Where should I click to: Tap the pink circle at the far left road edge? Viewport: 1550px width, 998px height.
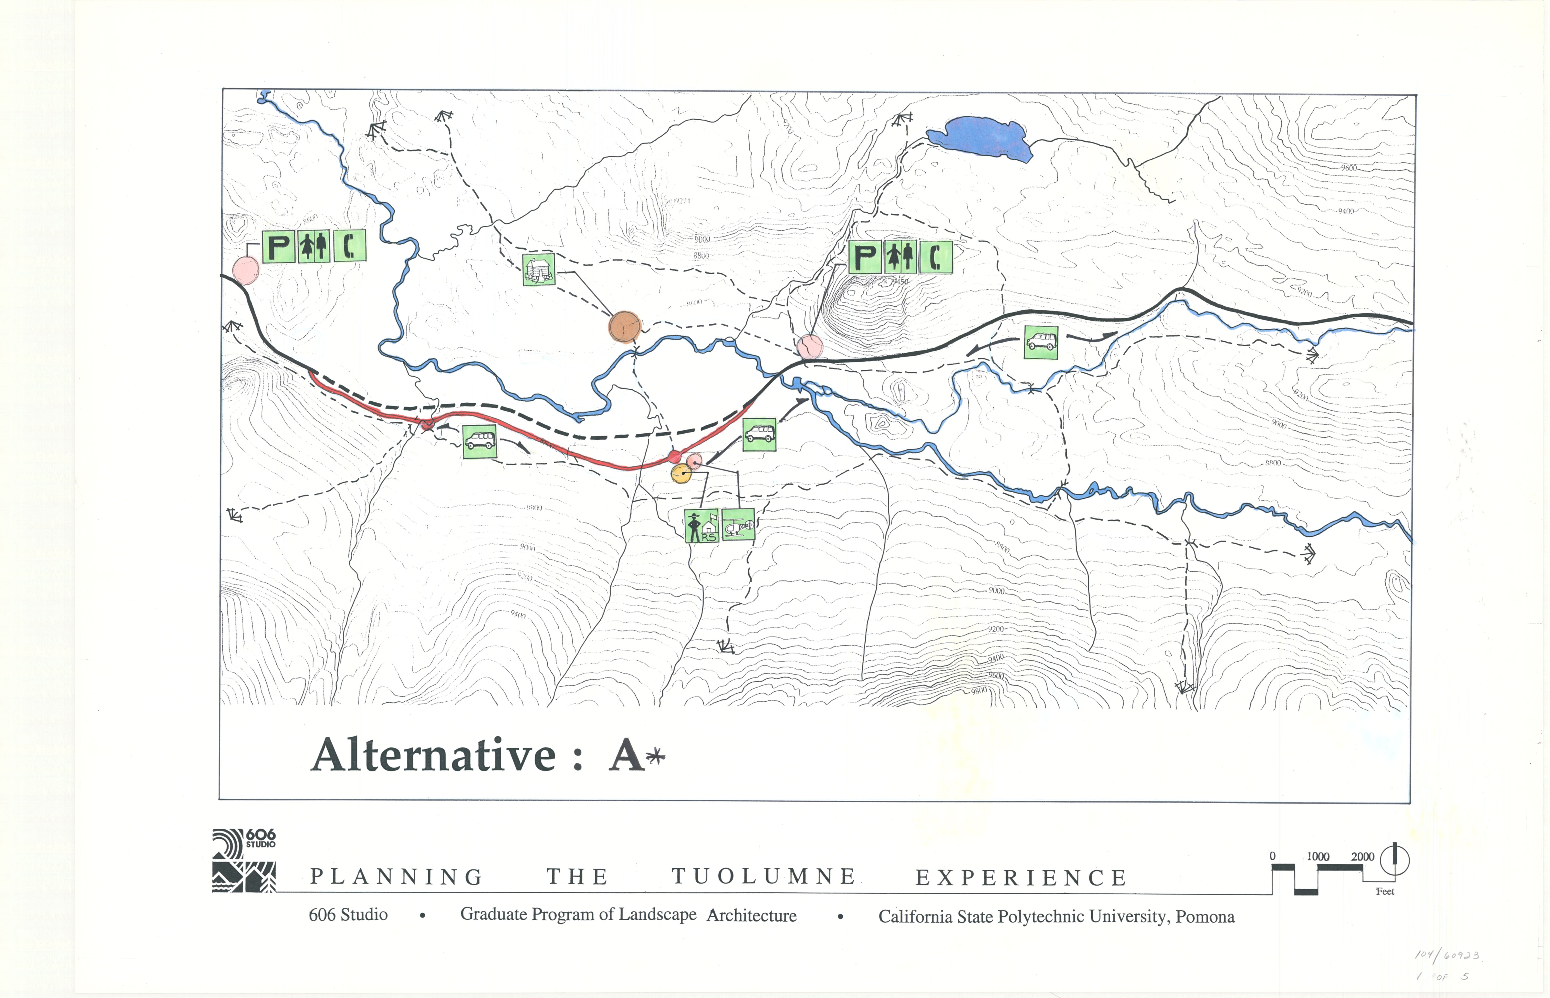(x=246, y=270)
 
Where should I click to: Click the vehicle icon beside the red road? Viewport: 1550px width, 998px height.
(x=480, y=442)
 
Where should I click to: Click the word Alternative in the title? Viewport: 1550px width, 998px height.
(x=434, y=756)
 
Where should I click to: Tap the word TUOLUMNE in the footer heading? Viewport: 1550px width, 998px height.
(x=764, y=877)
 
